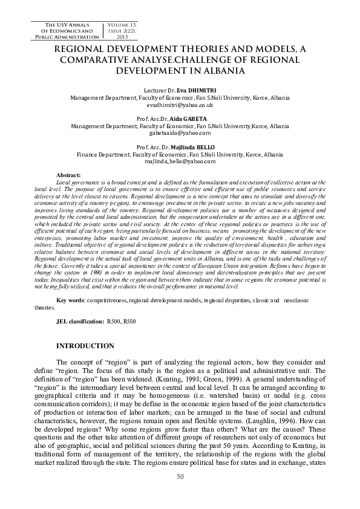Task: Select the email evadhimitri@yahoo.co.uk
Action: [180, 105]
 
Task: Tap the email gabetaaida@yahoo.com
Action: [180, 132]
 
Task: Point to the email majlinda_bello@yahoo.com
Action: [180, 161]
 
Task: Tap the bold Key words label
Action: [70, 300]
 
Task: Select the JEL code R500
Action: [113, 322]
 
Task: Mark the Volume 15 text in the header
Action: [117, 24]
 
